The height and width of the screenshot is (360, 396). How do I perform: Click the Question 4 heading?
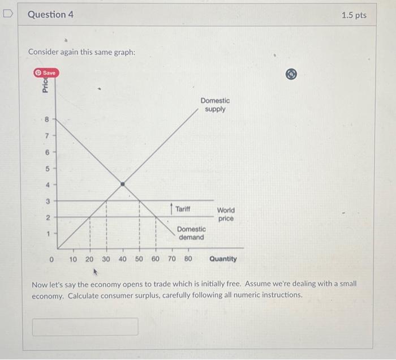point(50,15)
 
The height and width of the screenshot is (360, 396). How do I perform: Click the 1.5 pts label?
point(354,15)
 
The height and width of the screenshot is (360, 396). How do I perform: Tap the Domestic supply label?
point(215,105)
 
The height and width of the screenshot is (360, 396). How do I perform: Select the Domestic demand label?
point(191,233)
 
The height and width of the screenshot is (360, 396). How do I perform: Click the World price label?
point(225,214)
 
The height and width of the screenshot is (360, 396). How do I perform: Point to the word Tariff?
point(183,209)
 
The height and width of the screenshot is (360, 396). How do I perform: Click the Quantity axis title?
point(223,259)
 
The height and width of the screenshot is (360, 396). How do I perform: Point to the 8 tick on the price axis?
point(48,119)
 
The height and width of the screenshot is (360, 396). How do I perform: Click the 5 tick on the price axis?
point(48,168)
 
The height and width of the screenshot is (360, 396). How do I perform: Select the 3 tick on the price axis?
point(48,201)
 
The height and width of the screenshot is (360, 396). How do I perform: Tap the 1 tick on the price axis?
point(48,233)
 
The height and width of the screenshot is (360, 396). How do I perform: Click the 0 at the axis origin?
point(51,259)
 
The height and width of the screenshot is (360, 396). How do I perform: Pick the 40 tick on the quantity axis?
point(122,259)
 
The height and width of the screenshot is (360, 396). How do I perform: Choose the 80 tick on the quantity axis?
point(188,259)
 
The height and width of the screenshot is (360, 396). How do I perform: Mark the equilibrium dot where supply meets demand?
point(123,184)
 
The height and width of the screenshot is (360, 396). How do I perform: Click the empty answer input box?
point(85,327)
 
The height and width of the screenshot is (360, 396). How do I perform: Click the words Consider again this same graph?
point(81,52)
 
